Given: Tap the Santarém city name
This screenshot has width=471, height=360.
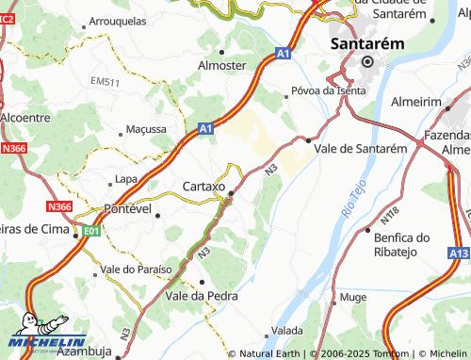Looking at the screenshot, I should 367,43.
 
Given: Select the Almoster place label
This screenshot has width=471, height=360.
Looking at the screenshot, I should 221,65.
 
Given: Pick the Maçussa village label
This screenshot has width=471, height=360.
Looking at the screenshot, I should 146,128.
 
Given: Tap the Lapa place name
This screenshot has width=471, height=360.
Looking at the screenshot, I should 125,178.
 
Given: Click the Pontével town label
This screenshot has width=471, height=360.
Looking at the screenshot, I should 127,208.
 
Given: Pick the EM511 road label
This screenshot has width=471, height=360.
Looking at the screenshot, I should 106,83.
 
